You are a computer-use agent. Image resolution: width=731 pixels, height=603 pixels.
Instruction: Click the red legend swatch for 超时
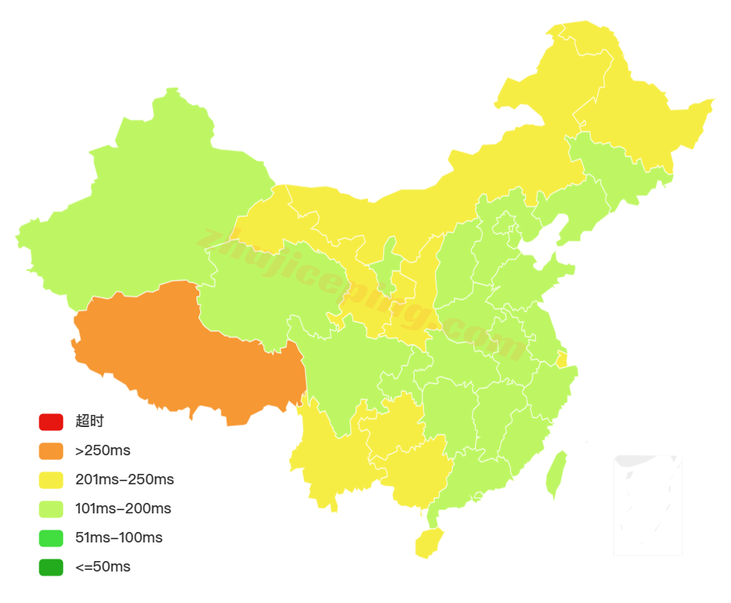pos(50,421)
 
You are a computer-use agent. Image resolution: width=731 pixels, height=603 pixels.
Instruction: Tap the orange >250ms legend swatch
pos(50,450)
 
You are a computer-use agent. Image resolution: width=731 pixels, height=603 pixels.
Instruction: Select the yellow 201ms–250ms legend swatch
pos(50,479)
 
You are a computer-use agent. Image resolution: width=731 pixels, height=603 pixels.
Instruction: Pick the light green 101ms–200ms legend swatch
pos(50,509)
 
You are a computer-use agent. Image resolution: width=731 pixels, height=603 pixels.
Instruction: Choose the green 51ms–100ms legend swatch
pos(50,538)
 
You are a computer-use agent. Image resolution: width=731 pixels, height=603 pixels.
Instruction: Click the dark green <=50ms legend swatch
pos(50,567)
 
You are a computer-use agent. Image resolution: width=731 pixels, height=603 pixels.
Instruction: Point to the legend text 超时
pos(90,421)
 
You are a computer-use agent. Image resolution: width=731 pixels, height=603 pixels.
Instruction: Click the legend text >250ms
pos(102,450)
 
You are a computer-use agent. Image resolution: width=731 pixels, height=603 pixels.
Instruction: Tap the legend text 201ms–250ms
pos(124,479)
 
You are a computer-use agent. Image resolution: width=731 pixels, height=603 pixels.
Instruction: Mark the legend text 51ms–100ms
pos(119,538)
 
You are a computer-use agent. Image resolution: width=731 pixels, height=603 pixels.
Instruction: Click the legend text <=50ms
pos(102,567)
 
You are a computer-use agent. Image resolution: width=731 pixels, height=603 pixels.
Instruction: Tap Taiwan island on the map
pos(555,475)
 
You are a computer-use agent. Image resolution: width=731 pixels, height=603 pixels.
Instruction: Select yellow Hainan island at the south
pos(428,543)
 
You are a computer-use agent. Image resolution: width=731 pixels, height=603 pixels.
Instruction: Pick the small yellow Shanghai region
pos(562,359)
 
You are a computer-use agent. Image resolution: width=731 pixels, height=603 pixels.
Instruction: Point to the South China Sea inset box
pos(647,505)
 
